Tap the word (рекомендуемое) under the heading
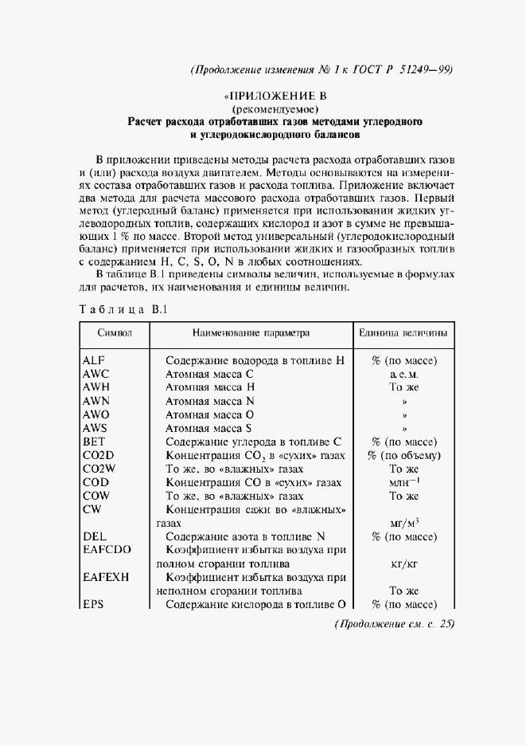(x=275, y=108)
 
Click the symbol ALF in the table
(x=94, y=360)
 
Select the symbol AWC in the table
(x=95, y=374)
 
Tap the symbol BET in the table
(x=94, y=442)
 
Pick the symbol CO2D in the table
(x=99, y=455)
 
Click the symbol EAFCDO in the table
(x=107, y=550)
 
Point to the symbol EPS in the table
(x=94, y=605)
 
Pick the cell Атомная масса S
(x=209, y=428)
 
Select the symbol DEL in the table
(x=94, y=536)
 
